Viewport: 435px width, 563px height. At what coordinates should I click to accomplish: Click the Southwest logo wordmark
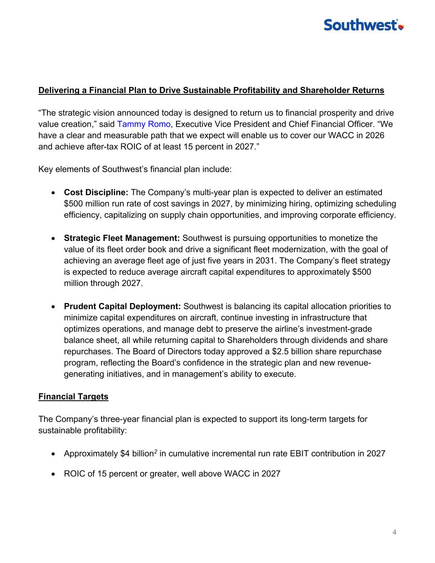click(360, 25)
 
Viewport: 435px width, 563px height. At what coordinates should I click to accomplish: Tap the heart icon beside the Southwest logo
click(401, 27)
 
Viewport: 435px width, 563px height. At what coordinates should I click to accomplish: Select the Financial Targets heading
click(73, 396)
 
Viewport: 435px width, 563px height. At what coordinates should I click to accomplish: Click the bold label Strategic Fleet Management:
click(122, 238)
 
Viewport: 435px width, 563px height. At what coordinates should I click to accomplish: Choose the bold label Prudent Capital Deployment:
click(122, 306)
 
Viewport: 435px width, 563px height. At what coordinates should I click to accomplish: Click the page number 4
click(395, 532)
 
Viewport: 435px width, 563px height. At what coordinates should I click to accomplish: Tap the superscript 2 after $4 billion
click(155, 452)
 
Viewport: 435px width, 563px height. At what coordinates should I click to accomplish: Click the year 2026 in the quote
click(375, 135)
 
